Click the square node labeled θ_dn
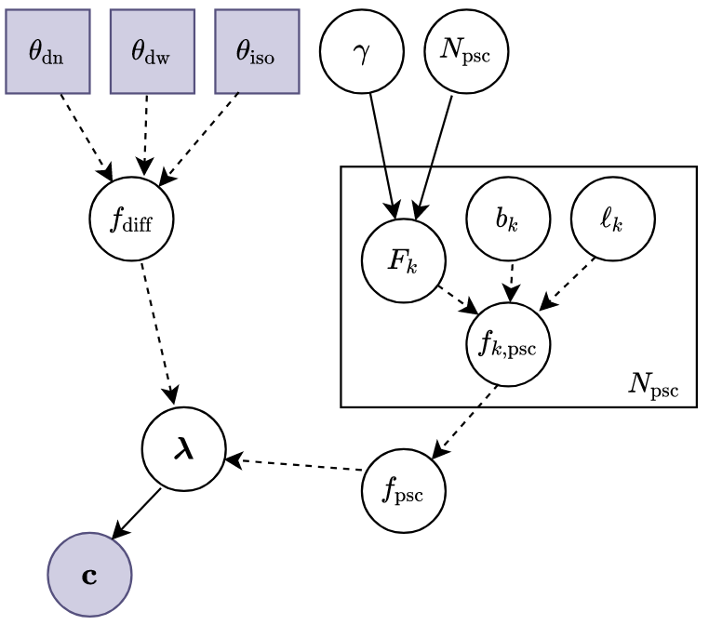[47, 52]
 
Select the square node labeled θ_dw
[152, 52]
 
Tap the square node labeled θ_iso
[257, 52]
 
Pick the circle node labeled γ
[362, 52]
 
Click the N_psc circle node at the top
[466, 52]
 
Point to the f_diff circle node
[131, 219]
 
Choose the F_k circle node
[404, 260]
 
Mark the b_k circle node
[508, 219]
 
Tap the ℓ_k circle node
[612, 219]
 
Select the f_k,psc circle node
[508, 344]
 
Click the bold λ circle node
[183, 449]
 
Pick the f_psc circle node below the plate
[404, 490]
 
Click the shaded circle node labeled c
[89, 575]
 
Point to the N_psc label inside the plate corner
[653, 384]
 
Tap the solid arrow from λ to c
[137, 512]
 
